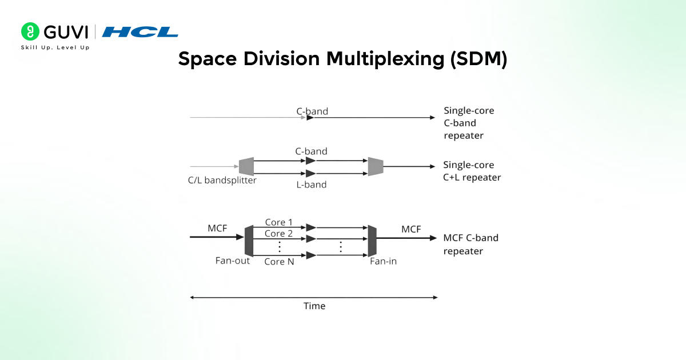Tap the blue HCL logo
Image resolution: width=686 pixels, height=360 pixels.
click(x=140, y=32)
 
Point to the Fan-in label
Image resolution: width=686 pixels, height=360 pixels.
click(x=383, y=261)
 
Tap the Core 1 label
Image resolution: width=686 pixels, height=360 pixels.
click(x=278, y=222)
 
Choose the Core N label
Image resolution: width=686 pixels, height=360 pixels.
click(x=278, y=262)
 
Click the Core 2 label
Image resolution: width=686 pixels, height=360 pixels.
click(x=278, y=233)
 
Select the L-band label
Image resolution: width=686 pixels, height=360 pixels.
click(x=311, y=185)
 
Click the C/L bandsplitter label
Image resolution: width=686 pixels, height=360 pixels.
click(x=222, y=181)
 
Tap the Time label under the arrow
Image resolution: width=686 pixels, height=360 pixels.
click(x=314, y=306)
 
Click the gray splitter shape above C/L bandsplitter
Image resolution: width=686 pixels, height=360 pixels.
click(x=246, y=166)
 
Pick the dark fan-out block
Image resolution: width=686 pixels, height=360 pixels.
click(x=249, y=241)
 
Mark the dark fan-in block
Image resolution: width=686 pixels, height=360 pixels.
click(x=372, y=241)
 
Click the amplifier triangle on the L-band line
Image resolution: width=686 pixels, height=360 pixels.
click(x=310, y=173)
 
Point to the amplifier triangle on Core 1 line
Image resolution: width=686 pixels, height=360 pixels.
click(x=310, y=227)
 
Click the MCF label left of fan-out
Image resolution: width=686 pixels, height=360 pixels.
click(x=217, y=229)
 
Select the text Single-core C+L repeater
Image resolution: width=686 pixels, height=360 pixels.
click(x=472, y=171)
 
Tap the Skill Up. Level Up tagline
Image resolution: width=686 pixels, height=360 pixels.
click(x=55, y=47)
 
